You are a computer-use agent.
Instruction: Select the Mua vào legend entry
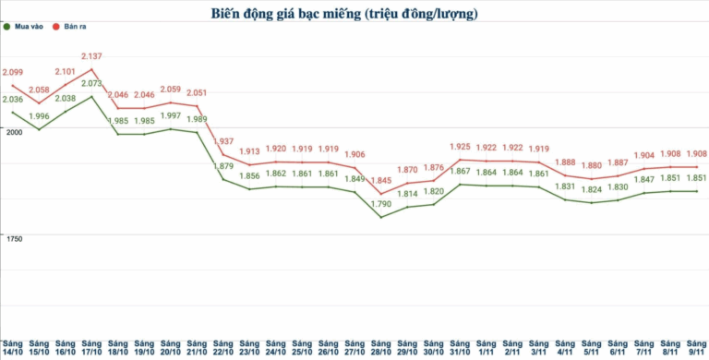pos(28,28)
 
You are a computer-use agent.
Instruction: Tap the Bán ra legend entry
pos(72,28)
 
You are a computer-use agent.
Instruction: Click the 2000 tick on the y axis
pos(13,132)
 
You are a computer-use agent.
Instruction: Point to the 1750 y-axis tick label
pos(13,239)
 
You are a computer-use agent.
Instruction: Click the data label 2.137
pos(91,57)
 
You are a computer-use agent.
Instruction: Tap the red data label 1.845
pos(381,180)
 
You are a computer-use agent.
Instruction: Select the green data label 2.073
pos(91,84)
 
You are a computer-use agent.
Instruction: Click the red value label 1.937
pos(223,141)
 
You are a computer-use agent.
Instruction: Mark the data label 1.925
pos(461,146)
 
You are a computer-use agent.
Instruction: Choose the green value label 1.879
pos(223,166)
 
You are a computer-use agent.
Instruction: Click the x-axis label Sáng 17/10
pos(91,347)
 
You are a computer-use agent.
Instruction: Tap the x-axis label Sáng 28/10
pos(381,347)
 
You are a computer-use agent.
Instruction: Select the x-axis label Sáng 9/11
pos(697,347)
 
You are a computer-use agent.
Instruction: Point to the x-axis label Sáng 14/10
pos(13,347)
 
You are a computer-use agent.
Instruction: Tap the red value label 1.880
pos(592,166)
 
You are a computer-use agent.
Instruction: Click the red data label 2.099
pos(13,72)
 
